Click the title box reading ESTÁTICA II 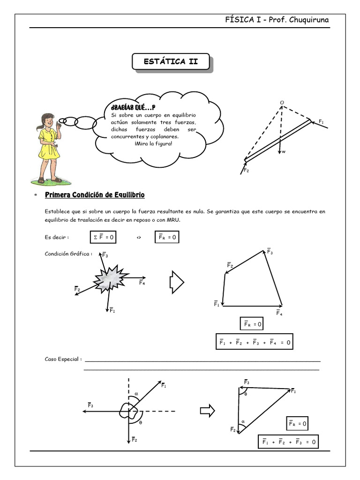click(x=170, y=62)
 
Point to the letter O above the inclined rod click(x=282, y=102)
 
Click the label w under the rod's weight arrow click(x=284, y=151)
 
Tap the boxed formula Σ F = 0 click(x=102, y=238)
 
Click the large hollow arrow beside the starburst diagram click(x=177, y=282)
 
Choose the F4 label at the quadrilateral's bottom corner click(x=279, y=313)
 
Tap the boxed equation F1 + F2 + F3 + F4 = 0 click(x=255, y=343)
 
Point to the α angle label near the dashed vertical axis click(x=136, y=394)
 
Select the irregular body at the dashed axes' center click(x=128, y=411)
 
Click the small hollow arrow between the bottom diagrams click(x=207, y=411)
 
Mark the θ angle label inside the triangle click(x=246, y=394)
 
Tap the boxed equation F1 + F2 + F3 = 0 click(x=288, y=442)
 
